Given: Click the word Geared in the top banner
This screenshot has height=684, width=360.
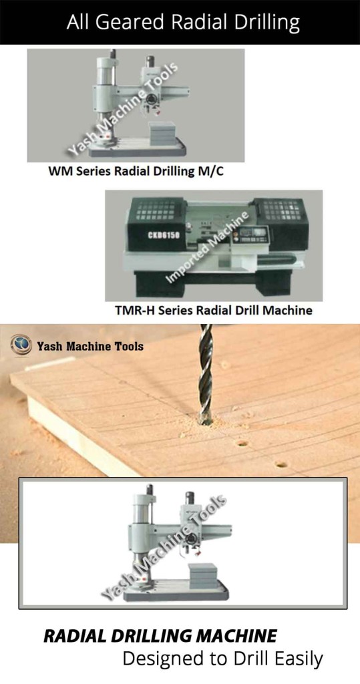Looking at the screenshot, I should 128,23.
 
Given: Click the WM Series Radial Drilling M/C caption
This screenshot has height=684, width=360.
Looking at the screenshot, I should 136,172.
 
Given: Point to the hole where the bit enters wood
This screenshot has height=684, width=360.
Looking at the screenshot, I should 206,421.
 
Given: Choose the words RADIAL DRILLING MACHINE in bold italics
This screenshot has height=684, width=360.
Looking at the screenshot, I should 160,635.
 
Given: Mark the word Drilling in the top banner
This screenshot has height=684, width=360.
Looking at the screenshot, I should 261,23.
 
